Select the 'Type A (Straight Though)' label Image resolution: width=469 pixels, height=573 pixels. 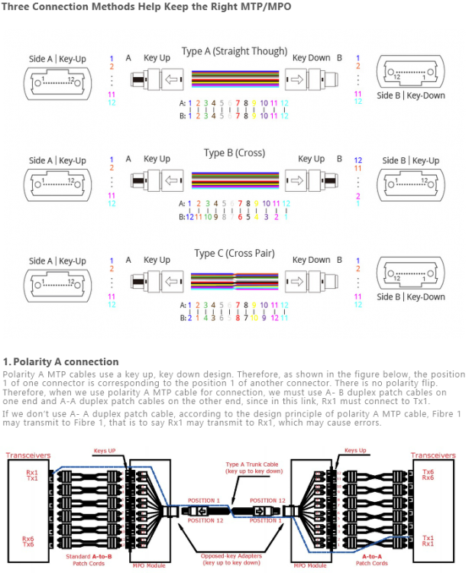pyautogui.click(x=234, y=52)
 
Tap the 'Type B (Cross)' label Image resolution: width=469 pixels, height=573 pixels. pyautogui.click(x=234, y=153)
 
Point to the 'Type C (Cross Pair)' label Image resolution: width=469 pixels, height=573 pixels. pyautogui.click(x=234, y=254)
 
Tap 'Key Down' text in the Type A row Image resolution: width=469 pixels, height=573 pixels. pyautogui.click(x=311, y=58)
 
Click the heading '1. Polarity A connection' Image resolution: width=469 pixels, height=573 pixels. pyautogui.click(x=61, y=361)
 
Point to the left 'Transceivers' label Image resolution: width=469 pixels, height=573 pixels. pyautogui.click(x=28, y=455)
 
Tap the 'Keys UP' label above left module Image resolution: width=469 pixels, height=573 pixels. pyautogui.click(x=105, y=450)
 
